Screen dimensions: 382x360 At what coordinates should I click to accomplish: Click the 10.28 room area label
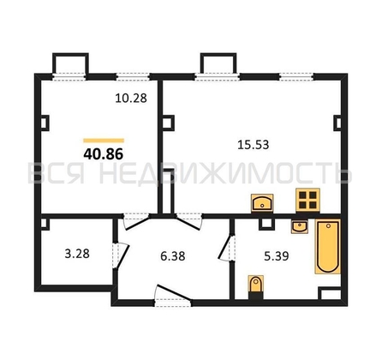coord(131,99)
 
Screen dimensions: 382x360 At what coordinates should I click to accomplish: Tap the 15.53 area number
coord(254,145)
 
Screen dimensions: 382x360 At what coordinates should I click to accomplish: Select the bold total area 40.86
coord(104,154)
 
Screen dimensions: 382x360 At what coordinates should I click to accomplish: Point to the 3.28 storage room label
coord(77,254)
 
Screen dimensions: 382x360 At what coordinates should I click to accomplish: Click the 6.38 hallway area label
coord(173,256)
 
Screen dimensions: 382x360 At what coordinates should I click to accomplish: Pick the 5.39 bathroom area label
coord(277,256)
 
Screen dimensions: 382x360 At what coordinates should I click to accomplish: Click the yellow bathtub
coord(328,246)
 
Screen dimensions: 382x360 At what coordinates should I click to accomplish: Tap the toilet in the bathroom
coord(256,286)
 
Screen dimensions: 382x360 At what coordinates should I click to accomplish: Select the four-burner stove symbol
coord(307,200)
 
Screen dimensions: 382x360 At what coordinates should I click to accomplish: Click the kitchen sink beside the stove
coord(262,203)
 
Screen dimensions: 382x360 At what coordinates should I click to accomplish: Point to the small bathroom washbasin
coord(300,227)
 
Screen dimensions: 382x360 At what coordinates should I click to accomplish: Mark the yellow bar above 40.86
coord(104,141)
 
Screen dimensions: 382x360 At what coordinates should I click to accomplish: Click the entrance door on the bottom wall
coord(173,296)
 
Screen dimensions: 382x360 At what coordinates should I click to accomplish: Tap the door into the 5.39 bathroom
coord(227,247)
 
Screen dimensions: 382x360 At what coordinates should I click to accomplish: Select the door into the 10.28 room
coord(136,221)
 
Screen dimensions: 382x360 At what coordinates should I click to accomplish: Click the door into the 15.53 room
coord(189,221)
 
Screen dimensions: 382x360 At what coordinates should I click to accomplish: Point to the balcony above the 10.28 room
coord(70,66)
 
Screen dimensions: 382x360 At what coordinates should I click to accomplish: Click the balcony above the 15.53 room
coord(218,66)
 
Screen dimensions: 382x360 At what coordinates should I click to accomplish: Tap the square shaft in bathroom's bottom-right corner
coord(330,293)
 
